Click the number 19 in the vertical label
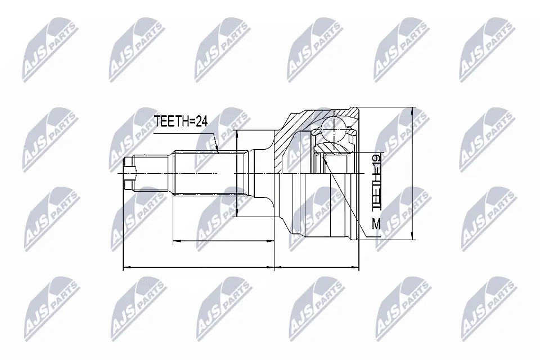[376, 163]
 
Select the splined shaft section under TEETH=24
[205, 173]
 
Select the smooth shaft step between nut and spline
[155, 173]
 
